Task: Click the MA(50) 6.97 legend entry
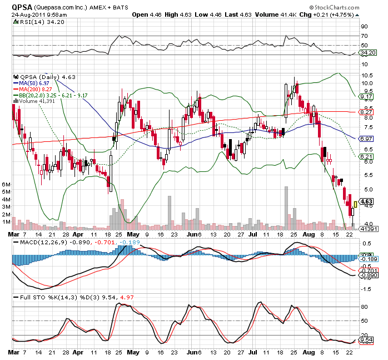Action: [x=39, y=82]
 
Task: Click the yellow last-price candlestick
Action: [x=355, y=205]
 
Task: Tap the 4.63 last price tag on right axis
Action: [x=366, y=201]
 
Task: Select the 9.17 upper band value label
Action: [x=366, y=96]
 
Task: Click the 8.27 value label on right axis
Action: [x=366, y=112]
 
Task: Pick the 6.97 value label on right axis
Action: [x=366, y=138]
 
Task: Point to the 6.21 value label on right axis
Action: [x=366, y=157]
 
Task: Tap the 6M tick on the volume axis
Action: [x=7, y=184]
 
